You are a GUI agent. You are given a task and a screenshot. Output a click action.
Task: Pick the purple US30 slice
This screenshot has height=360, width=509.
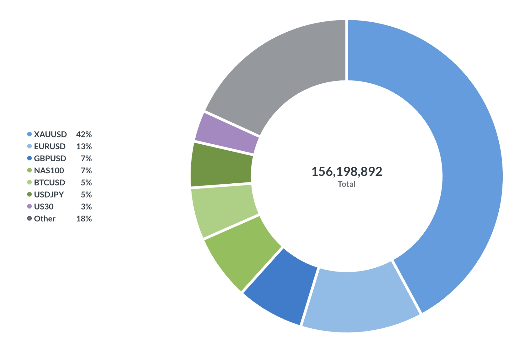pos(227,133)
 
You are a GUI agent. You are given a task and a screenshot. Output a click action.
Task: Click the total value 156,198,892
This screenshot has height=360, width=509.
pos(347,172)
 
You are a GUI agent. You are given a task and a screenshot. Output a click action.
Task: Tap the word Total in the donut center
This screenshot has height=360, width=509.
pos(346,184)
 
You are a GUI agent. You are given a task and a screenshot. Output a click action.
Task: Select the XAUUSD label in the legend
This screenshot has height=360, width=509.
pos(50,134)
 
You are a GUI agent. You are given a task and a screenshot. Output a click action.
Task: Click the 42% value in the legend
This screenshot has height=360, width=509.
pos(84,134)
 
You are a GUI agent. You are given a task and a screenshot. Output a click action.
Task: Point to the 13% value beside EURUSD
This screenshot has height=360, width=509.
pos(84,146)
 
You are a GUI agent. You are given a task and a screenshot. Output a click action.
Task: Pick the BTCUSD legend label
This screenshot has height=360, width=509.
pos(49,183)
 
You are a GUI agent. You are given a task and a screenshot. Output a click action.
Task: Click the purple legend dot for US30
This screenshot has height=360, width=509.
pos(29,207)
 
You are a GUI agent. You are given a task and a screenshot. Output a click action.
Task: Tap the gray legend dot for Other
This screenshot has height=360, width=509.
pos(29,218)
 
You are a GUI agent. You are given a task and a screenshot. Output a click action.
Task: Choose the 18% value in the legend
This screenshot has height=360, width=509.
pos(84,219)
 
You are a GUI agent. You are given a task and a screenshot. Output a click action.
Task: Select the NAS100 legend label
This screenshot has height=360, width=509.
pos(49,171)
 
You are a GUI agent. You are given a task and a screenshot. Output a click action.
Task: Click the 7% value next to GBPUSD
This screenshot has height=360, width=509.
pos(86,159)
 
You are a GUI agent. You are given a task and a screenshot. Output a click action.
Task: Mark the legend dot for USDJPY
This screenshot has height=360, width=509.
pos(29,194)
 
